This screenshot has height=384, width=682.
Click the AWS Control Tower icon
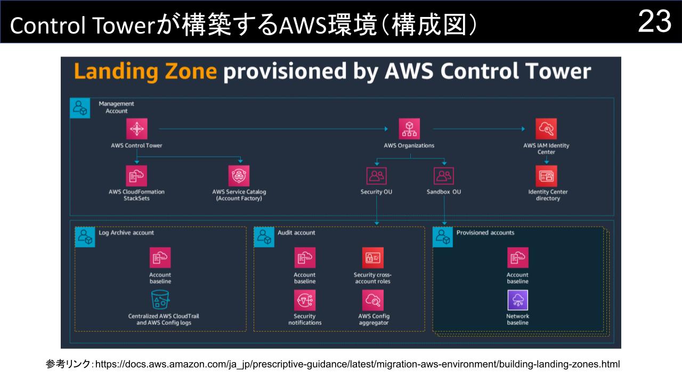[x=137, y=129]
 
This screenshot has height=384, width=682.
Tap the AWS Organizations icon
[x=409, y=129]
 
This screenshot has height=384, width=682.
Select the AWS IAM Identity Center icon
[x=546, y=129]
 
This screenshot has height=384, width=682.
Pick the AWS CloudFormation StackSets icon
[x=137, y=175]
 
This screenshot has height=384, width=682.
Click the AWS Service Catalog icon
[x=239, y=175]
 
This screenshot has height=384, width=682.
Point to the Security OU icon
[x=377, y=175]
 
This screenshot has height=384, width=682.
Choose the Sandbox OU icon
[x=444, y=175]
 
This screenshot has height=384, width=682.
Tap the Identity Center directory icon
[x=546, y=175]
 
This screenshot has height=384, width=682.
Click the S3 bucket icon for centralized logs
[x=160, y=300]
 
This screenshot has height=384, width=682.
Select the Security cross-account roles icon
[x=372, y=258]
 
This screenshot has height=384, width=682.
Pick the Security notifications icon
[x=305, y=300]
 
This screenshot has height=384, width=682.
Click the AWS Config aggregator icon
[x=372, y=300]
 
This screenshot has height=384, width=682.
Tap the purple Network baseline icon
[x=517, y=300]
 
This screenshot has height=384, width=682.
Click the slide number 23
[x=654, y=22]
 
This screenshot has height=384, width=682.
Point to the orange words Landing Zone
[x=145, y=71]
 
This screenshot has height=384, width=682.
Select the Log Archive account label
[x=126, y=233]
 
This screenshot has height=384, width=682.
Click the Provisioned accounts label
[x=485, y=233]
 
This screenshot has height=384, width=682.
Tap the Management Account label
[x=116, y=107]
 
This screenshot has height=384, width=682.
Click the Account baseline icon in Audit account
[x=305, y=258]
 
